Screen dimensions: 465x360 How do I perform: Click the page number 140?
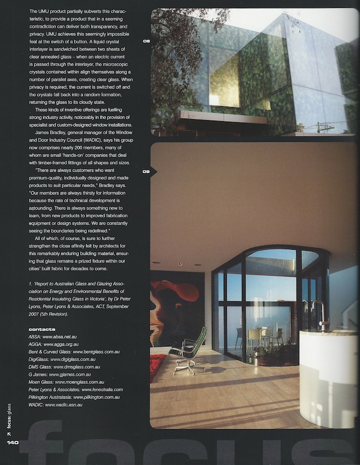pyautogui.click(x=12, y=443)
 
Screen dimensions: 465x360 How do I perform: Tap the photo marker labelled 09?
pyautogui.click(x=146, y=171)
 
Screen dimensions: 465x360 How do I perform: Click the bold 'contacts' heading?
pyautogui.click(x=43, y=329)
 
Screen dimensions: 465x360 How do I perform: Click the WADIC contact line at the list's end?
pyautogui.click(x=60, y=404)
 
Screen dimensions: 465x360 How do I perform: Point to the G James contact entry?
pyautogui.click(x=60, y=374)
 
